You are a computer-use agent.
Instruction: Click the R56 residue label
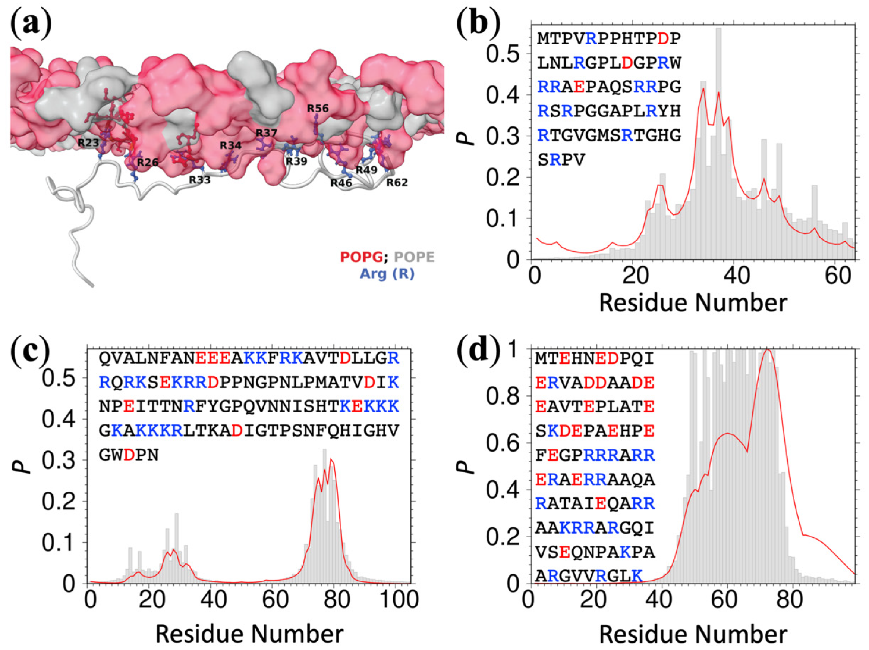317,109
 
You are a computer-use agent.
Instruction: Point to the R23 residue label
88,143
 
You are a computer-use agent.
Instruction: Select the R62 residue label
397,183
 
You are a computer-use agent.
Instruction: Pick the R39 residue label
296,161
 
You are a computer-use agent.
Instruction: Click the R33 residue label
199,180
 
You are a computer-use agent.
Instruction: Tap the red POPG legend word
361,257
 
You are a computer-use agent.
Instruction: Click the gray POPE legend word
414,257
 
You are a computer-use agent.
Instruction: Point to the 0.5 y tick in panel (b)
504,54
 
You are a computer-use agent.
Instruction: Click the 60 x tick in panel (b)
838,276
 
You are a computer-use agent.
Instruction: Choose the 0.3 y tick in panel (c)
59,461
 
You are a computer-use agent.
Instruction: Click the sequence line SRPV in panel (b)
561,160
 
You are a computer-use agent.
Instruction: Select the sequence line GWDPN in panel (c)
129,455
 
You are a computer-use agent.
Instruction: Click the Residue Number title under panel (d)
693,634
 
